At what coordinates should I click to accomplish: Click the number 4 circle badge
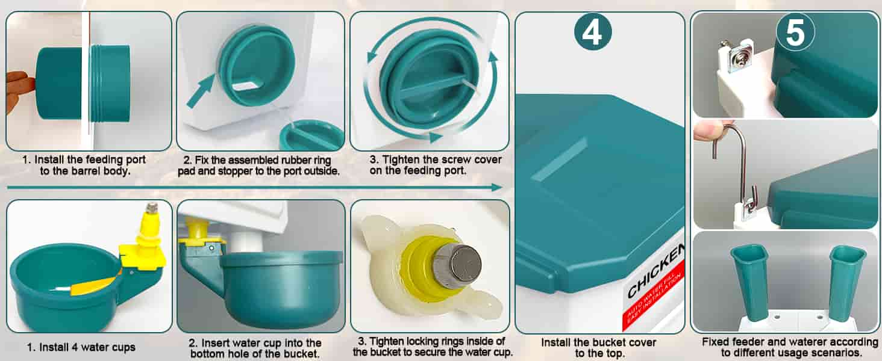[x=593, y=32]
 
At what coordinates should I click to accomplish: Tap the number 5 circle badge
[x=795, y=32]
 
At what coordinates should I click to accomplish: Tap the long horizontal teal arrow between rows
[x=254, y=187]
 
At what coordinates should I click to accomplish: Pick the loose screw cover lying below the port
[x=311, y=135]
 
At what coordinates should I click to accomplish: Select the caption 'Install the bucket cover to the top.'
[x=598, y=348]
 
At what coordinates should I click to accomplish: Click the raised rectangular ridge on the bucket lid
[x=558, y=159]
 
